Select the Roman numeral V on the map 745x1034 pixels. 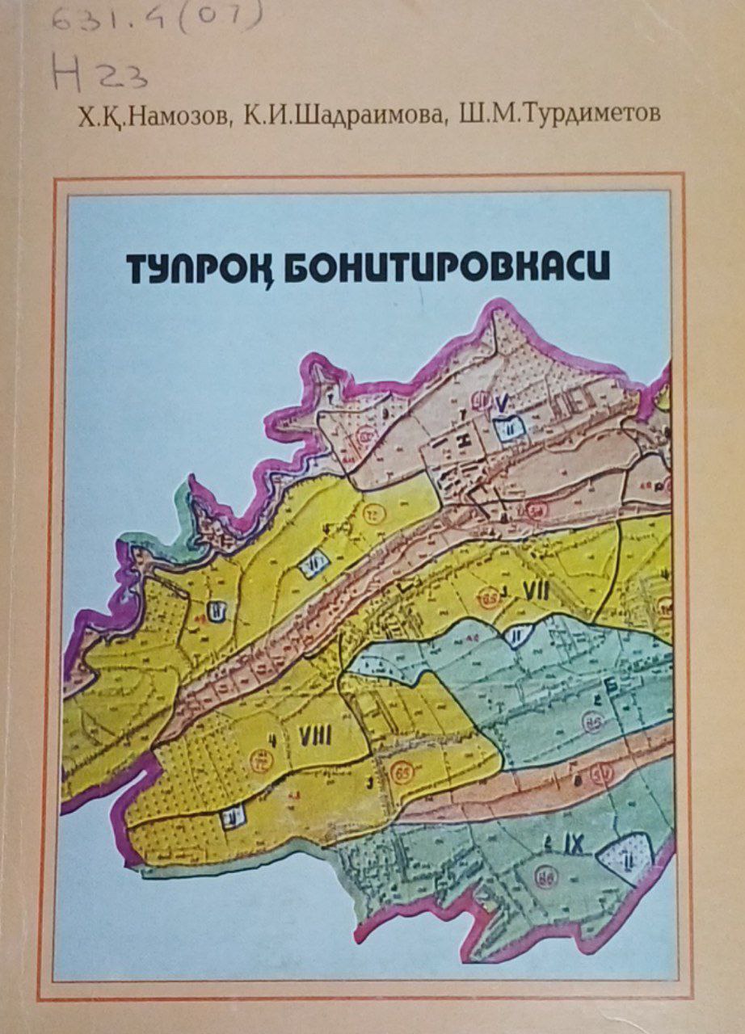(503, 401)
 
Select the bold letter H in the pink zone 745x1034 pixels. (462, 440)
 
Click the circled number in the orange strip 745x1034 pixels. (601, 778)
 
